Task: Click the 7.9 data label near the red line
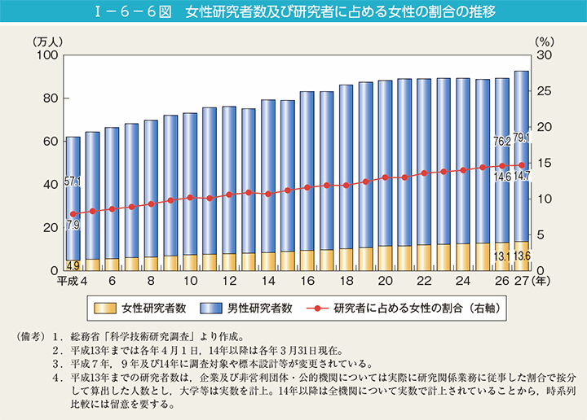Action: click(x=73, y=225)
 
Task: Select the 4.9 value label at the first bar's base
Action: click(x=73, y=265)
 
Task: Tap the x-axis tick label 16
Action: click(x=307, y=281)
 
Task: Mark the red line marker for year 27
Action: click(x=522, y=165)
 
